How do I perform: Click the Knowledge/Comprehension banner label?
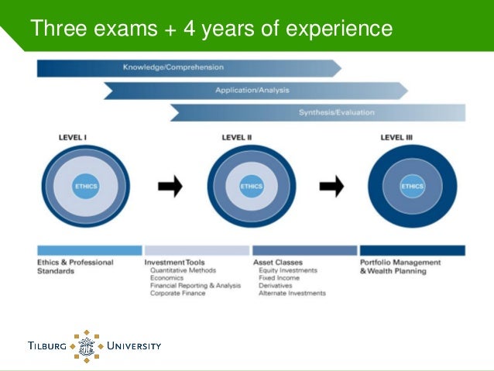173,67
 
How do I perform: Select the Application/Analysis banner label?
252,90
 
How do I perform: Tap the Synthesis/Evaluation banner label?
336,112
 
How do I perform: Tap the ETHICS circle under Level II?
252,186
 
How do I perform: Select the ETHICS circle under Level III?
412,186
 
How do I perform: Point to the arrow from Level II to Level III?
331,186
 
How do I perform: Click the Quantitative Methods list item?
183,271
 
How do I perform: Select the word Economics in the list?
166,278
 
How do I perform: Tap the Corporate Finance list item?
177,294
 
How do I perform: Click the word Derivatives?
276,286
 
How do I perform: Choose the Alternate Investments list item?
293,294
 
